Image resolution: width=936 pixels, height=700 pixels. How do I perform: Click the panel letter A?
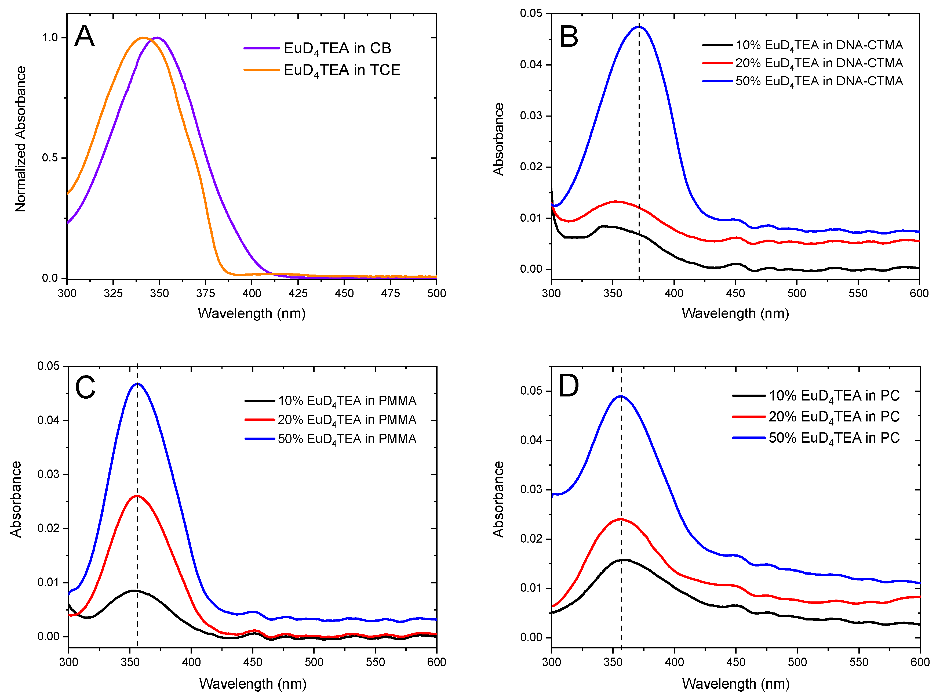pos(84,37)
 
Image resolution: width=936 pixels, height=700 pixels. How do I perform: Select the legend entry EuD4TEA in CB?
pos(337,48)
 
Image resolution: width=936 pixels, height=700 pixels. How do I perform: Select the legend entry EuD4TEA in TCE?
pos(341,70)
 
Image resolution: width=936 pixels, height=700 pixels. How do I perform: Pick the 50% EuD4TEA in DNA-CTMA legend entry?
pos(819,81)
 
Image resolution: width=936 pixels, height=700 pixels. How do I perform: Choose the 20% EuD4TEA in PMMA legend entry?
pos(347,420)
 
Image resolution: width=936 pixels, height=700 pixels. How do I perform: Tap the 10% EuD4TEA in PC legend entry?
pos(834,395)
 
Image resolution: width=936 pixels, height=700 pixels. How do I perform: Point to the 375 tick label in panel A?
pos(205,293)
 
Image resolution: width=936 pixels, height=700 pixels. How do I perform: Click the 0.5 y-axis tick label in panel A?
pos(50,158)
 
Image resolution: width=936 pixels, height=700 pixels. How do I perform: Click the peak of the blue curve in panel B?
pos(639,27)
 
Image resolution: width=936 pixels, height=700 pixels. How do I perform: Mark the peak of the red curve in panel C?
pos(137,496)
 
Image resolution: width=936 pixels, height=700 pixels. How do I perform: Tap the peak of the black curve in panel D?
pos(623,560)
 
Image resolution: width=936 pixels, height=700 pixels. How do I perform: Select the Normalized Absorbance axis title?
pos(20,139)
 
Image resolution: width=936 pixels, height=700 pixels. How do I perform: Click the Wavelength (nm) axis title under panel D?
pos(735,684)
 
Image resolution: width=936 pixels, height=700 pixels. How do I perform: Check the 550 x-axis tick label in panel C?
pos(375,662)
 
